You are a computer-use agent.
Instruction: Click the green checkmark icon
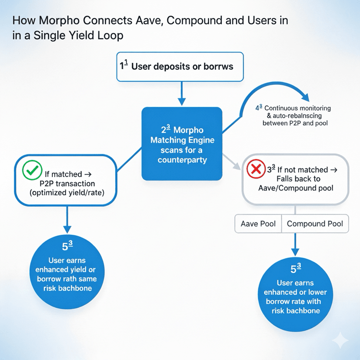32,169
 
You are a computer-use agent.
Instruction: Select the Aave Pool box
258,224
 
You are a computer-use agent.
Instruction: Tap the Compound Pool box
315,224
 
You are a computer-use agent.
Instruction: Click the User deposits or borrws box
180,67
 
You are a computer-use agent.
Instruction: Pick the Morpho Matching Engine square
182,143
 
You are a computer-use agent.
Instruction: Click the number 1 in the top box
123,67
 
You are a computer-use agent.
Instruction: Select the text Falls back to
296,179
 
